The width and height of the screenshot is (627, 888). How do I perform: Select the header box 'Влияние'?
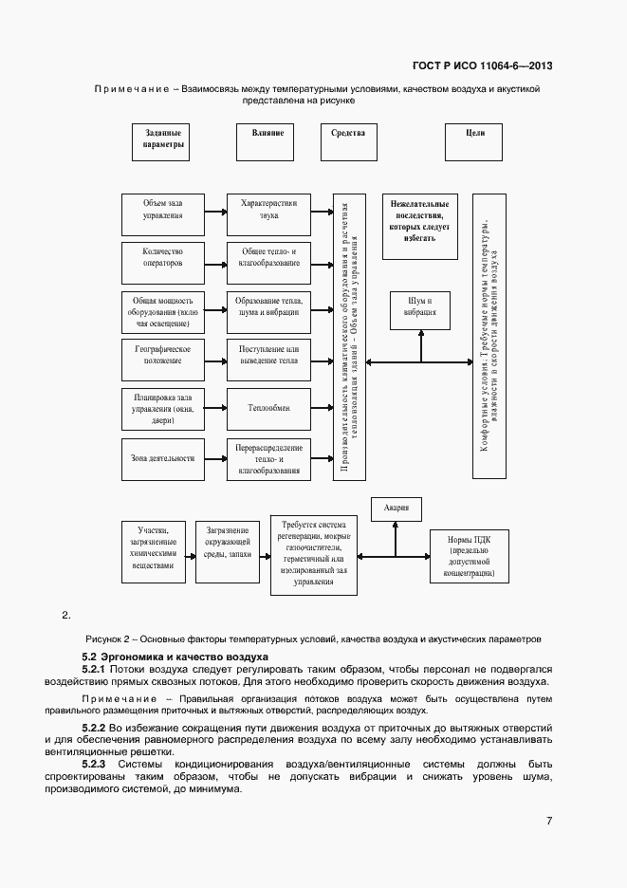click(267, 141)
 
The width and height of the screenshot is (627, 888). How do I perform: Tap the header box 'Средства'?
click(348, 141)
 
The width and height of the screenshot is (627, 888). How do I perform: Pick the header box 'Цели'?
click(475, 141)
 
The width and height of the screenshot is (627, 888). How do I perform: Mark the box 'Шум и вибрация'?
click(420, 305)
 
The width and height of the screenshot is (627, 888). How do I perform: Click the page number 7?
click(549, 822)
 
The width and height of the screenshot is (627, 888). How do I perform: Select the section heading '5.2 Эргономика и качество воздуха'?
click(175, 657)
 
